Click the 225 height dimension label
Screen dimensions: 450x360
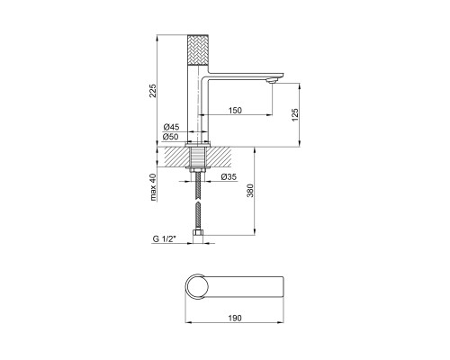[x=153, y=91]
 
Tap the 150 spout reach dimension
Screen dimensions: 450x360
[x=235, y=111]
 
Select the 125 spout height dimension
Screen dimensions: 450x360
[x=295, y=115]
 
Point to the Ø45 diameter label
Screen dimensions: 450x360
[x=171, y=127]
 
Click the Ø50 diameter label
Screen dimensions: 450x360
[x=171, y=137]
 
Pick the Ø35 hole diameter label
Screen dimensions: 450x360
[x=229, y=177]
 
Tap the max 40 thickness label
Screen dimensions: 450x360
[x=153, y=187]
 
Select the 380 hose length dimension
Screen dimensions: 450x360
[x=250, y=191]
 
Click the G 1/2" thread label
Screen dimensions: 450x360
[x=164, y=239]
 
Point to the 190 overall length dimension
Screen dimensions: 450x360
[x=235, y=318]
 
